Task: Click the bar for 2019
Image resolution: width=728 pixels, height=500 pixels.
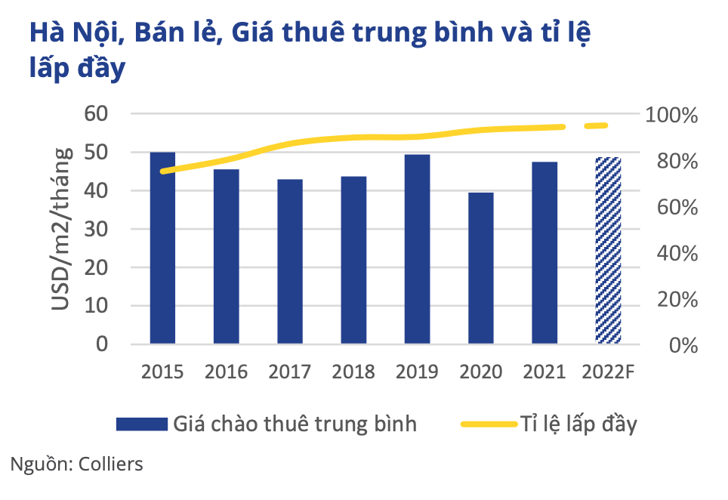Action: tap(417, 249)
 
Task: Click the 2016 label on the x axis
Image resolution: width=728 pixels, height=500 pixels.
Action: tap(226, 372)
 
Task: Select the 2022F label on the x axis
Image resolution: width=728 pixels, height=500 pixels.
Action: tap(609, 372)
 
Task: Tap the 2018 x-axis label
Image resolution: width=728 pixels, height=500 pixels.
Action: tap(353, 372)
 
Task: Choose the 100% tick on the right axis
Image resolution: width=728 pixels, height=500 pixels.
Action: tap(672, 116)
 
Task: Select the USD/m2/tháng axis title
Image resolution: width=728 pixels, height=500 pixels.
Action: tap(63, 229)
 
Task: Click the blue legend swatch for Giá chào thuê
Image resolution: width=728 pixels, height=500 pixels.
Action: tap(140, 424)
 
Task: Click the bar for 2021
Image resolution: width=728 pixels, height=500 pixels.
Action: tap(544, 253)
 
